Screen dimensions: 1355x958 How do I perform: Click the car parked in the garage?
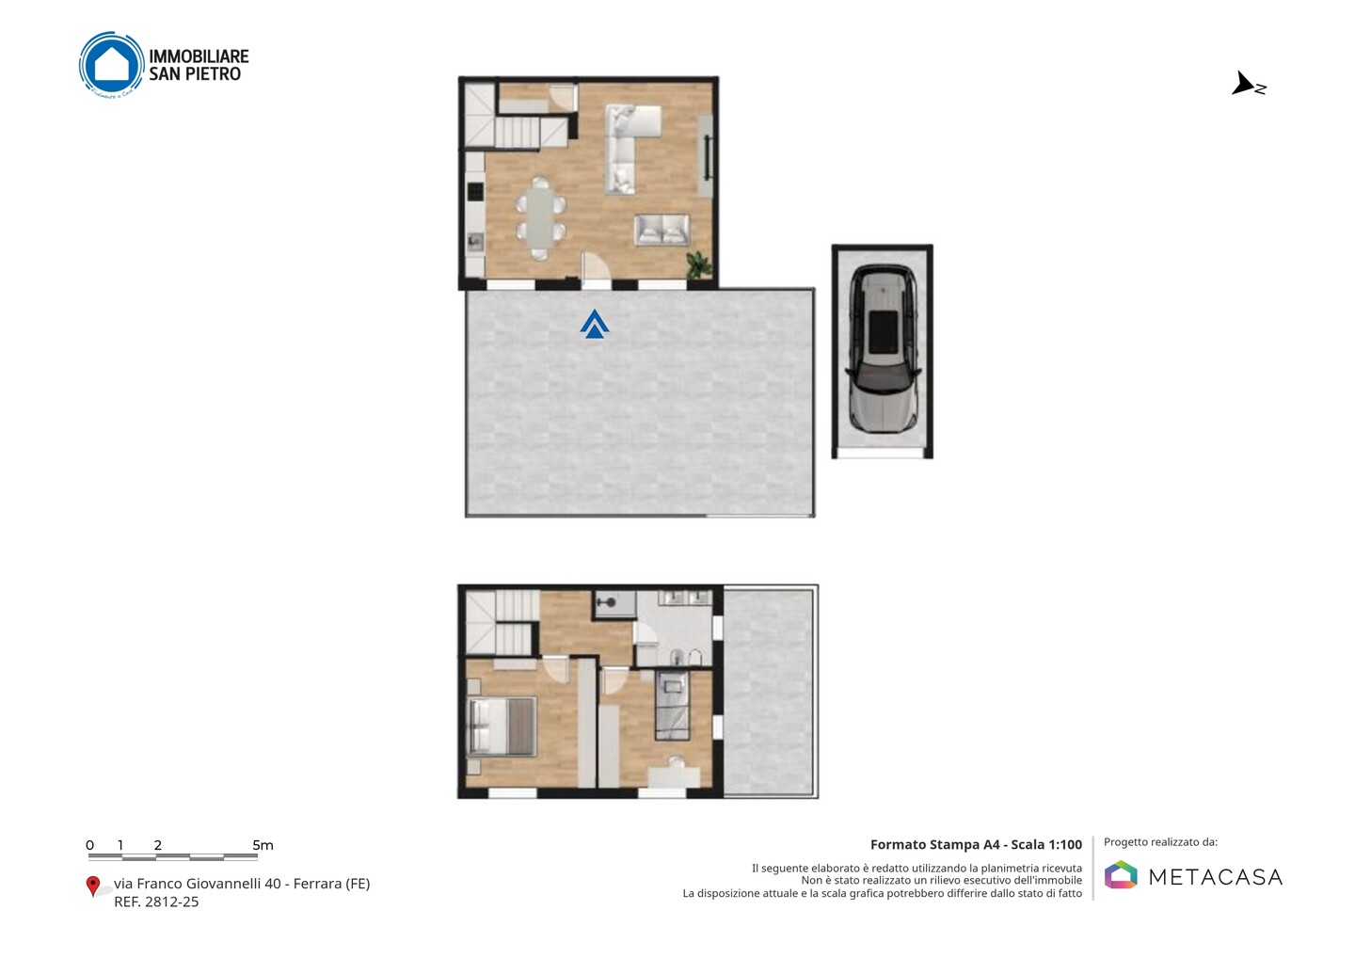click(884, 349)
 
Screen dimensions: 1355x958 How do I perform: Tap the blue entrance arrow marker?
click(594, 324)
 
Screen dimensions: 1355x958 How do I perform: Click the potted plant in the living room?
click(698, 264)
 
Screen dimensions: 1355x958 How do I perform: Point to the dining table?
click(539, 217)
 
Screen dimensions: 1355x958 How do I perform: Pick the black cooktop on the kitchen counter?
click(475, 191)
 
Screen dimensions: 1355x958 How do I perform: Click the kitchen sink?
click(475, 243)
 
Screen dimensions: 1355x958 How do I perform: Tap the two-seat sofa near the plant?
click(662, 230)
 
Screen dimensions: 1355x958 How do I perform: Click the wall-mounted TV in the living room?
click(707, 157)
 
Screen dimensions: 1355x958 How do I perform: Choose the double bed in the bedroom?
click(502, 726)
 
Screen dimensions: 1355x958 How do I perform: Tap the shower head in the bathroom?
click(607, 602)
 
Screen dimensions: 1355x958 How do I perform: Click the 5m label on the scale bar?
click(263, 845)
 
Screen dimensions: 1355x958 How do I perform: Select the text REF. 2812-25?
click(156, 902)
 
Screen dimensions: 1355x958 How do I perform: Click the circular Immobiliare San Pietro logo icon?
click(112, 65)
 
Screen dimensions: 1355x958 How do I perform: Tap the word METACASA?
click(1216, 877)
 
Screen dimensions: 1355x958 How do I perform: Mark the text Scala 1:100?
click(1046, 844)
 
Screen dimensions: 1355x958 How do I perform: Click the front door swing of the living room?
click(596, 268)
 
